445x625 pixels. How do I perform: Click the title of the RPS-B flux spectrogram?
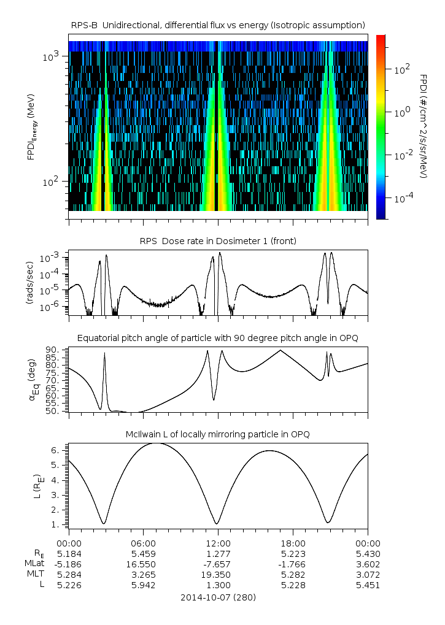point(218,25)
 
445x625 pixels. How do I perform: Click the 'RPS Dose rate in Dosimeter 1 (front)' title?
point(218,241)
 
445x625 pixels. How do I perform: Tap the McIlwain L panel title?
point(218,434)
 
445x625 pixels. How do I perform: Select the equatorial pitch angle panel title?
point(218,338)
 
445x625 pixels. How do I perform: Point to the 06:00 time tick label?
point(143,543)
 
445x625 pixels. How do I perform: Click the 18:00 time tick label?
point(293,543)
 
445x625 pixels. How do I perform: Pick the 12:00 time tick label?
point(218,543)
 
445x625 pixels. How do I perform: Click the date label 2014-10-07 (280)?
point(218,597)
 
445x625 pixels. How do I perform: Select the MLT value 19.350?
point(218,575)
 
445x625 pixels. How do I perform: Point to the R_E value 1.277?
point(218,554)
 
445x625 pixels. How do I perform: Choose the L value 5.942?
point(143,585)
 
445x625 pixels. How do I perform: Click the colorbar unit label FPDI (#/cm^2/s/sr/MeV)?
point(424,126)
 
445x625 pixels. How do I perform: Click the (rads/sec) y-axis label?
point(29,283)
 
